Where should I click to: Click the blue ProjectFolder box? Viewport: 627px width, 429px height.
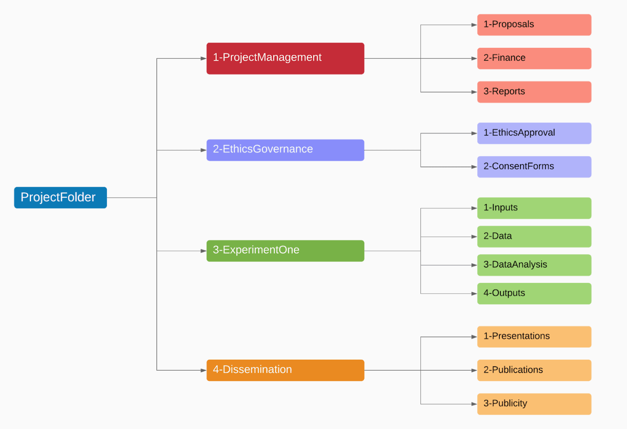60,198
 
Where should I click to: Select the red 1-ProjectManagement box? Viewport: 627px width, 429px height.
285,58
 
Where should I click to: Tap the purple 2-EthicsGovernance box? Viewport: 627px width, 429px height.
285,150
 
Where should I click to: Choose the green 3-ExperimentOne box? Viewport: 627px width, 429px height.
285,251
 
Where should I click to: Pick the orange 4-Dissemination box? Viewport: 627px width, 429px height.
285,370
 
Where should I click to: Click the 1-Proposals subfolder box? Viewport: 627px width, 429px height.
534,25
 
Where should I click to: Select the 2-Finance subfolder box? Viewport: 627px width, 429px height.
534,58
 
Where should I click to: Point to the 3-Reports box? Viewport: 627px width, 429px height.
534,92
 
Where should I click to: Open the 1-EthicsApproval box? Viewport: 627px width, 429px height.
534,133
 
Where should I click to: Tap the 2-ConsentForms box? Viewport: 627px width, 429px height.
534,167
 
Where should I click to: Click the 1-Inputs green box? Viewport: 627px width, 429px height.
534,208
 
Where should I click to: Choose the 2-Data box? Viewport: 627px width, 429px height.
534,236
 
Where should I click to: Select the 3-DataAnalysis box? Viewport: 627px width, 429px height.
534,265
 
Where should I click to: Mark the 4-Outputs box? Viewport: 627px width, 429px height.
534,293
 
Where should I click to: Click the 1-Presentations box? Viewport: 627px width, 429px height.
534,337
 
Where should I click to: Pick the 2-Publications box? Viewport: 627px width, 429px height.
534,370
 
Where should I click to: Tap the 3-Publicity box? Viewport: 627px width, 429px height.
534,404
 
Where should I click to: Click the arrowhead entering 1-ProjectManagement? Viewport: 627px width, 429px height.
203,58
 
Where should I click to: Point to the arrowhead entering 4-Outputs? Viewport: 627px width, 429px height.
474,293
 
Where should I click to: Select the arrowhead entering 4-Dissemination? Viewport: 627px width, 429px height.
203,370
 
